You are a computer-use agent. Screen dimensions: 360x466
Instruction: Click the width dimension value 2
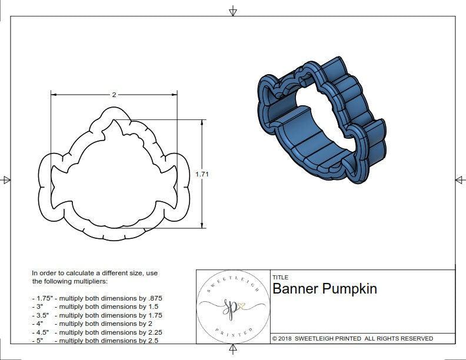pos(114,94)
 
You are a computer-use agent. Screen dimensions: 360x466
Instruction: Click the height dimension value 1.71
pos(203,174)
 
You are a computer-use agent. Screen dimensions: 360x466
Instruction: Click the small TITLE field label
pos(279,277)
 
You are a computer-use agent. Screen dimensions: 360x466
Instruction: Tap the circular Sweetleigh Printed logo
pos(231,306)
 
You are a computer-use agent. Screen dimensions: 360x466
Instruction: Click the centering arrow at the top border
pos(233,11)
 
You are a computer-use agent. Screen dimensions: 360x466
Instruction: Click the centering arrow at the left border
pos(6,179)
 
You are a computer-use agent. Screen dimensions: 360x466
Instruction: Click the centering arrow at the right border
pos(460,179)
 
